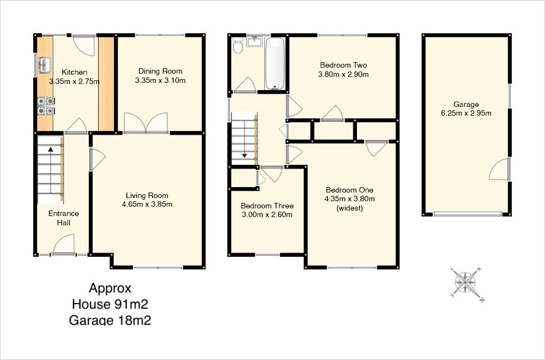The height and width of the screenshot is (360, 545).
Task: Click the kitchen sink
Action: click(45, 65)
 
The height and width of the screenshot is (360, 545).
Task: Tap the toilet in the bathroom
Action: click(238, 46)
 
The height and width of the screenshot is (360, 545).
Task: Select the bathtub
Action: click(275, 64)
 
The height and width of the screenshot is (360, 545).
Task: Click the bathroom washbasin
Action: click(255, 41)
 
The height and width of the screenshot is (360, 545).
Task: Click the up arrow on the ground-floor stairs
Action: click(50, 149)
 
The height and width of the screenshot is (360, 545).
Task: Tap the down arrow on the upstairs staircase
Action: click(244, 155)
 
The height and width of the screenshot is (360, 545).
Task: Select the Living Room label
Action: click(147, 195)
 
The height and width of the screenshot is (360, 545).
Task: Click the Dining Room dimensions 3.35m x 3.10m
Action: click(160, 80)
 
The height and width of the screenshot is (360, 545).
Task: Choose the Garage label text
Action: click(466, 104)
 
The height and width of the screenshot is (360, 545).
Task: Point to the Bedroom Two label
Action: click(343, 65)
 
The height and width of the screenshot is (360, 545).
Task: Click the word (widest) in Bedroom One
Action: click(350, 208)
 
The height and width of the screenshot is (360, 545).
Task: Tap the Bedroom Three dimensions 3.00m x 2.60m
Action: click(267, 214)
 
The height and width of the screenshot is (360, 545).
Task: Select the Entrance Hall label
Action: click(64, 218)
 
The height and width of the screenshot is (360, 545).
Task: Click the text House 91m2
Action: click(110, 304)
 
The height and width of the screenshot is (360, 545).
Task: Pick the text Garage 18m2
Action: click(110, 320)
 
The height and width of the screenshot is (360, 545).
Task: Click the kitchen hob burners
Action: click(46, 106)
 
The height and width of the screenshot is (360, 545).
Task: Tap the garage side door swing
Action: click(500, 169)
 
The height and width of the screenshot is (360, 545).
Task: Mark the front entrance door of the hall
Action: click(64, 245)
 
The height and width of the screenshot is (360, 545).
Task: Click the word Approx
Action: click(110, 289)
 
